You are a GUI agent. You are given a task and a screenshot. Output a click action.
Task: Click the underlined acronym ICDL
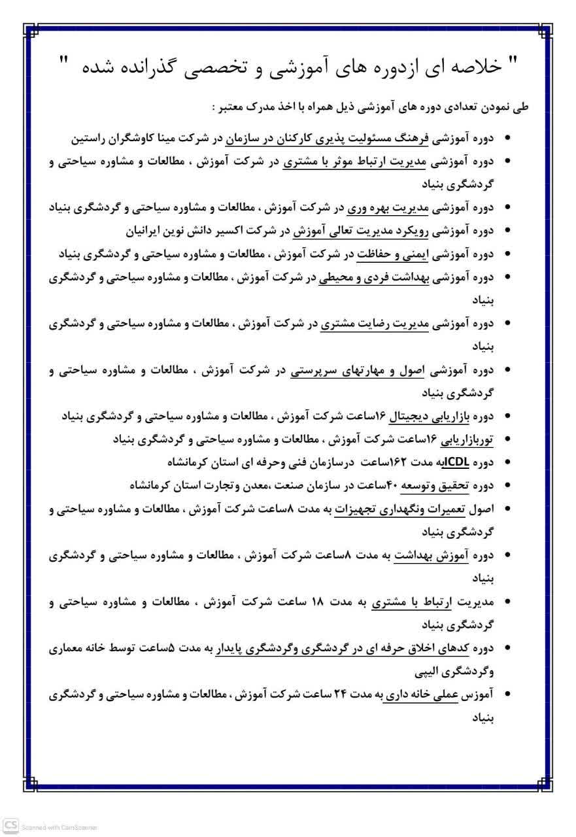tap(452, 462)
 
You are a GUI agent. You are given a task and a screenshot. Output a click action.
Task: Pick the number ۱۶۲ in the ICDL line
tap(399, 462)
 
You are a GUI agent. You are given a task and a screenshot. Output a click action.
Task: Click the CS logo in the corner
tap(10, 827)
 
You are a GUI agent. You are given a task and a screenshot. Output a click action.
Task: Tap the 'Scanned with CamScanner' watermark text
tap(59, 828)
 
